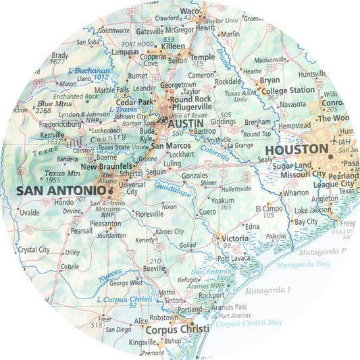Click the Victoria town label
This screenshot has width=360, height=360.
[235, 238]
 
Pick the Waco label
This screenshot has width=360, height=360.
[190, 11]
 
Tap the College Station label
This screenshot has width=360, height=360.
[288, 90]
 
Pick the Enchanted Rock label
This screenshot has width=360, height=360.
[76, 97]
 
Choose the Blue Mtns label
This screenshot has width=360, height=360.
[55, 104]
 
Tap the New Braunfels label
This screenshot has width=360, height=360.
[106, 166]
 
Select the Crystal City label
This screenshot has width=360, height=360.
[34, 249]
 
